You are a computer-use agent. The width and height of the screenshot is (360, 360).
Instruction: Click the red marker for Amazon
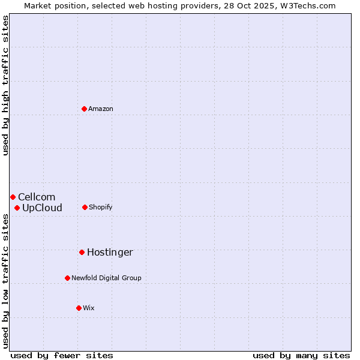[x=85, y=109]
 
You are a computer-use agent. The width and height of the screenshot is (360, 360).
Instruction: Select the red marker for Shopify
[x=85, y=207]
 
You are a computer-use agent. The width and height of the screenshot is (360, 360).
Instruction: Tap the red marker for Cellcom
[x=13, y=197]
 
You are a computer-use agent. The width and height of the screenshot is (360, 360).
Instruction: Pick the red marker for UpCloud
[x=17, y=208]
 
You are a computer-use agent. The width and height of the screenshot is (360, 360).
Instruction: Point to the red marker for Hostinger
[x=82, y=252]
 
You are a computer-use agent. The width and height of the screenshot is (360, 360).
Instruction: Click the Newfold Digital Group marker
[x=67, y=278]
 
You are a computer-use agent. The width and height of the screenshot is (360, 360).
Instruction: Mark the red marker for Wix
[x=79, y=308]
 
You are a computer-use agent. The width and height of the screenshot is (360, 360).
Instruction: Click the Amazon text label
[x=101, y=109]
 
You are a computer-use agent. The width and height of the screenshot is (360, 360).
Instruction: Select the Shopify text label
[x=101, y=207]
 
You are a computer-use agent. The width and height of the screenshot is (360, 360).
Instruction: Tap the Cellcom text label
[x=37, y=197]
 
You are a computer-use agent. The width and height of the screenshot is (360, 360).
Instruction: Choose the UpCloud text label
[x=42, y=208]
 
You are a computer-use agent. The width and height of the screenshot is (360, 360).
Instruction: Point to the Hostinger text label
[x=110, y=252]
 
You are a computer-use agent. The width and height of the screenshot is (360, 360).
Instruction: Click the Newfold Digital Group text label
[x=106, y=278]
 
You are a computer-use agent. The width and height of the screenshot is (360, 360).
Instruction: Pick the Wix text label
[x=89, y=308]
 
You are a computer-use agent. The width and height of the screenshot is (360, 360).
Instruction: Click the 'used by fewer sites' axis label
[x=62, y=355]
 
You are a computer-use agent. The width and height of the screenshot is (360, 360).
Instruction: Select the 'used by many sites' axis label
[x=301, y=355]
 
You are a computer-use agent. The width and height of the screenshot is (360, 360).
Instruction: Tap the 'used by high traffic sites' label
[x=5, y=85]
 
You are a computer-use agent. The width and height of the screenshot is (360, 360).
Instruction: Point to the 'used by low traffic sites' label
[x=5, y=281]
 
